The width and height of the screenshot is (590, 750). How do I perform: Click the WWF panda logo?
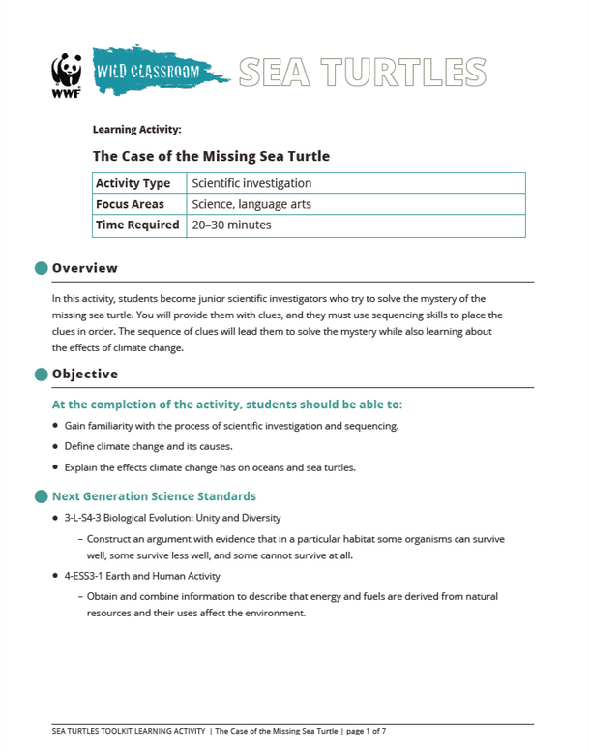(65, 75)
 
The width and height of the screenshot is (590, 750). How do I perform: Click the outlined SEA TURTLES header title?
(362, 71)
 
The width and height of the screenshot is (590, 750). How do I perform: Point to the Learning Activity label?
(136, 129)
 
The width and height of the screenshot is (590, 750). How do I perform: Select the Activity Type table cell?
(133, 183)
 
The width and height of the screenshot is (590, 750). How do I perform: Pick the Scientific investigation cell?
(251, 183)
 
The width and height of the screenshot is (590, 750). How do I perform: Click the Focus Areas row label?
(130, 204)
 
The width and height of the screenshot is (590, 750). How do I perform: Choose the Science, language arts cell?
(251, 204)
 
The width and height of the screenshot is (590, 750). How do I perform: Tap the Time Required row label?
(137, 225)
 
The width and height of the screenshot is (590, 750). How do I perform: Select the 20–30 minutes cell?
(232, 225)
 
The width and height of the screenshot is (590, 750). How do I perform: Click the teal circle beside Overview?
(41, 268)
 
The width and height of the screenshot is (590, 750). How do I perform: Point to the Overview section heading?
(85, 268)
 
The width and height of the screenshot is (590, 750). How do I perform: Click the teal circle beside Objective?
(41, 374)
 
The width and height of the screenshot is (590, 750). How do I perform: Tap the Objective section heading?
(85, 374)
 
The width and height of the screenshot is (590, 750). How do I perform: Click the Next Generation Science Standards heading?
(154, 496)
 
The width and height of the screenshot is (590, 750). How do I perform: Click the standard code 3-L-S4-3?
(90, 518)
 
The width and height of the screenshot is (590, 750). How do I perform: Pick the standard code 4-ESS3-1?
(88, 576)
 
